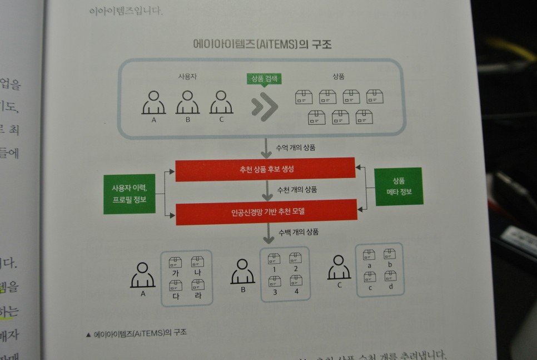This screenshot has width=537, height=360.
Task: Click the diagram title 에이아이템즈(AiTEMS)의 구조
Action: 262,45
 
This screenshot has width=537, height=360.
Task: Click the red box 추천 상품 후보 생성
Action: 265,169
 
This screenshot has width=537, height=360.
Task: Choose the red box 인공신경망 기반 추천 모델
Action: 266,212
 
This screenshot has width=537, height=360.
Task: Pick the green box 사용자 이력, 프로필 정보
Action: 129,194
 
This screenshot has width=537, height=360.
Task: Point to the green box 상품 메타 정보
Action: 398,186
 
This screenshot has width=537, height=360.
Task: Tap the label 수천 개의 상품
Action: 297,190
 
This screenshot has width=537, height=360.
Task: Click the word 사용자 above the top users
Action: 187,77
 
